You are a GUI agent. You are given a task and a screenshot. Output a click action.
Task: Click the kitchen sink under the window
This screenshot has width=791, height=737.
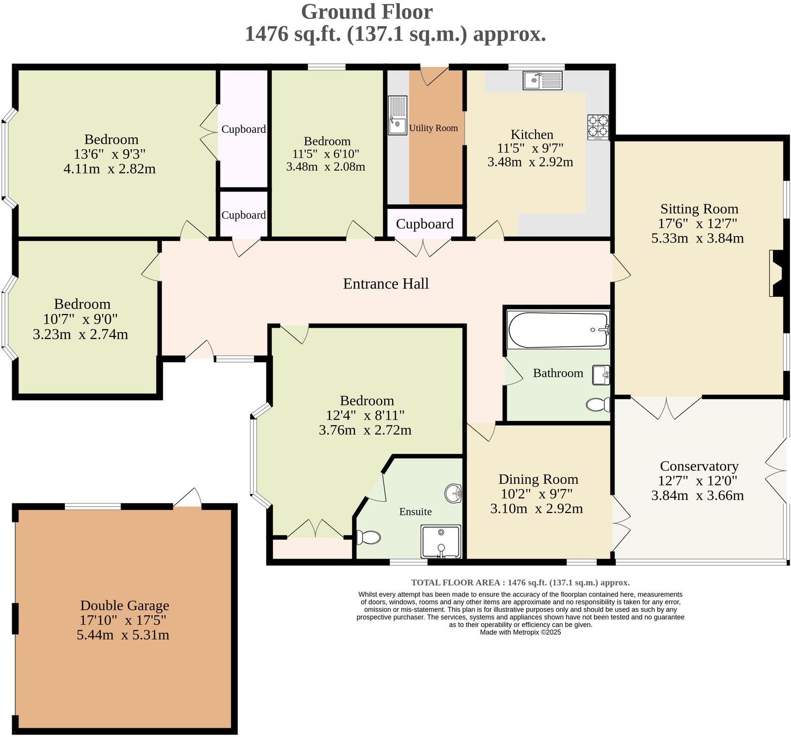point(542,80)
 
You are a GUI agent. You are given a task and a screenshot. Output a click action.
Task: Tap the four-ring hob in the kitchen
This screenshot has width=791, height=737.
point(598,127)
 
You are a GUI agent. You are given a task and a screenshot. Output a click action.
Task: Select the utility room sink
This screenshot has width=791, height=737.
point(397,115)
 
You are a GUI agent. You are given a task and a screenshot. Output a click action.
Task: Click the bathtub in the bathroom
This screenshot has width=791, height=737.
point(558,330)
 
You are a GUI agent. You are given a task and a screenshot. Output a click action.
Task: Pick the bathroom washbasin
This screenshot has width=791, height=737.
point(601,375)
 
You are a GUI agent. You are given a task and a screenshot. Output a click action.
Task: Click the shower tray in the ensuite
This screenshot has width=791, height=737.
point(441,541)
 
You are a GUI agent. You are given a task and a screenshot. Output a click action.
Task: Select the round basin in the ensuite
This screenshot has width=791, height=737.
point(454,494)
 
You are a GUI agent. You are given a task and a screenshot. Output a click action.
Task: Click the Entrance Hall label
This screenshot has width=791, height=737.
point(386,284)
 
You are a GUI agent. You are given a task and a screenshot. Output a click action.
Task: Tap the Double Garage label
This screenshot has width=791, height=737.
point(125,605)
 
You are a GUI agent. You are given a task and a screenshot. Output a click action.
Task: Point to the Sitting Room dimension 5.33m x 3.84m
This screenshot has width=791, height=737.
point(697,238)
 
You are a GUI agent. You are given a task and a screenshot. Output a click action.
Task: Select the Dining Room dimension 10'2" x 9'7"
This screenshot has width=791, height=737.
point(537,494)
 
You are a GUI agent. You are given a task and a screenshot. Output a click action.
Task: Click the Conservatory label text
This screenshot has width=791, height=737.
point(699,466)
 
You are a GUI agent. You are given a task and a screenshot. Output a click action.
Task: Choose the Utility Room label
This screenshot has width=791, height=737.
point(433,128)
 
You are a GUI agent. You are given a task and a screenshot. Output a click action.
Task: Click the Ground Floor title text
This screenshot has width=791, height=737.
point(366,12)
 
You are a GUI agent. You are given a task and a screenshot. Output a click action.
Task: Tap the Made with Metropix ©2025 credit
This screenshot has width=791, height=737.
point(520,632)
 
